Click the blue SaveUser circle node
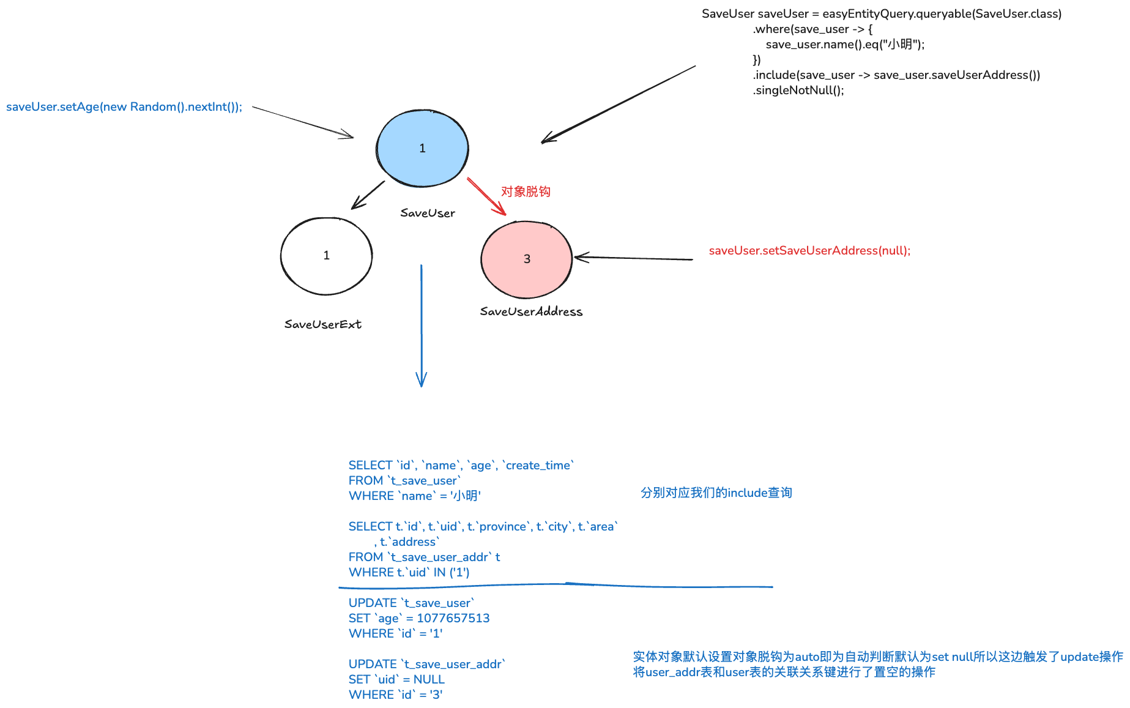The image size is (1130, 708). (422, 148)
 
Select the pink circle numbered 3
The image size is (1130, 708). (527, 259)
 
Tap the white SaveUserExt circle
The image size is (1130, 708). (326, 256)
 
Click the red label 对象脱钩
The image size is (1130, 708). (526, 192)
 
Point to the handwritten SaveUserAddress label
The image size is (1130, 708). (531, 311)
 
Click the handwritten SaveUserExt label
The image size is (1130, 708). (322, 324)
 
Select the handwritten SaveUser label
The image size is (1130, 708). (428, 213)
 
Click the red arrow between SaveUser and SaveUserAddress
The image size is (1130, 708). (486, 196)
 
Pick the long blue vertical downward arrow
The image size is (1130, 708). (421, 324)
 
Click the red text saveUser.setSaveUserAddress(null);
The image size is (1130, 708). (809, 250)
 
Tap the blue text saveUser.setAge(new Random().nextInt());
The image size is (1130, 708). (124, 107)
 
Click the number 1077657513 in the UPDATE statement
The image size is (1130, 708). (453, 618)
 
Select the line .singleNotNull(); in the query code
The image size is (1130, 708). (798, 91)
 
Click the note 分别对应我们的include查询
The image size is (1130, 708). (716, 493)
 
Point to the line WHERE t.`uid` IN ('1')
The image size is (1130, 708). (409, 572)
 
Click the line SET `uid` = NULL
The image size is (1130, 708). (396, 679)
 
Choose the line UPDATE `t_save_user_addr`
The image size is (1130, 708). (427, 664)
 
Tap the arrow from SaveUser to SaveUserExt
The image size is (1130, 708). (368, 195)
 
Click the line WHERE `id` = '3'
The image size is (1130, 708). (395, 695)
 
